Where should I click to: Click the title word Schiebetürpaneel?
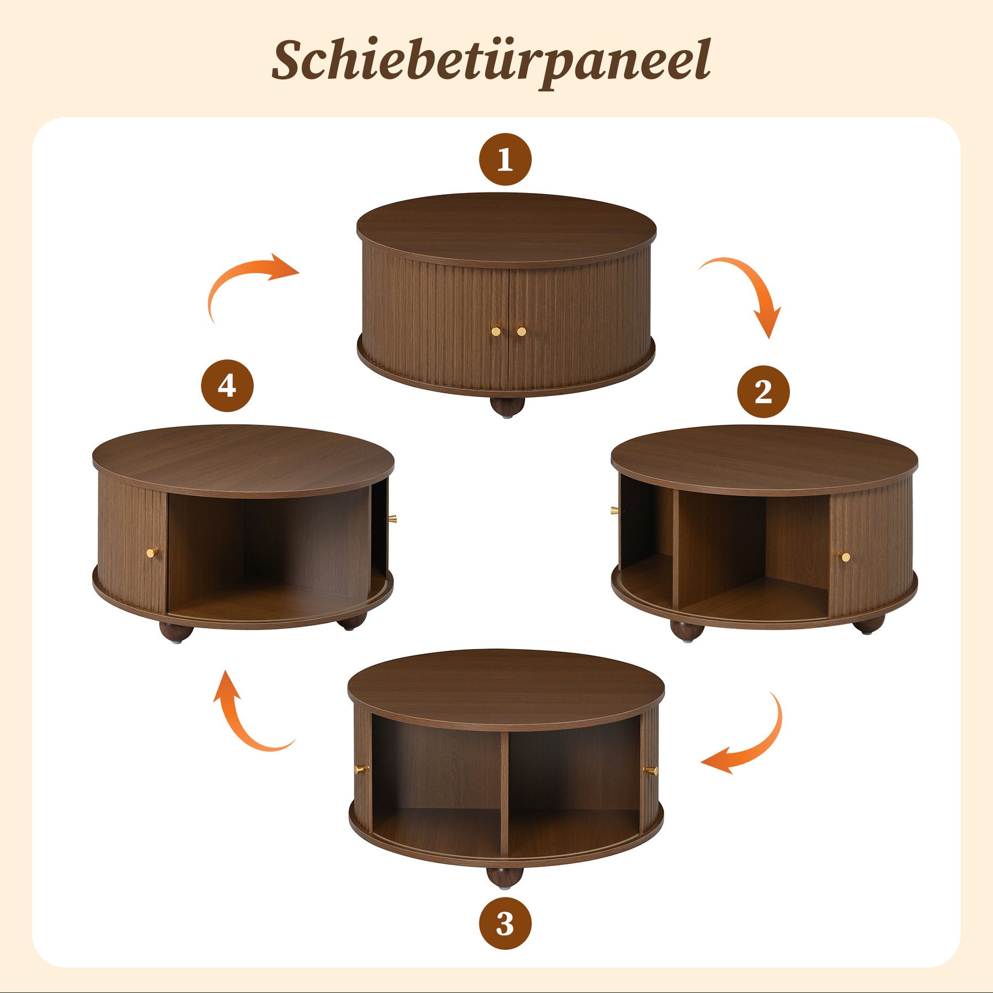[x=491, y=62]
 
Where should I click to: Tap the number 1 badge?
[x=505, y=159]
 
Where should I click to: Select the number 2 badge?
[x=764, y=391]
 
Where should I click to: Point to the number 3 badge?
[x=505, y=923]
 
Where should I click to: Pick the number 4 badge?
[x=227, y=386]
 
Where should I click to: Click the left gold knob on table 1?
[x=496, y=332]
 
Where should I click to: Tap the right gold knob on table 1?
[x=521, y=332]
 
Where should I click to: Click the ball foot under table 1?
[x=507, y=407]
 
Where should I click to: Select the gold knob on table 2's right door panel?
[x=845, y=557]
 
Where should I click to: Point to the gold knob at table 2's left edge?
[x=614, y=510]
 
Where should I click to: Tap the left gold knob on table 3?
[x=362, y=769]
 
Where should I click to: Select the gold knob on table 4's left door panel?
[x=153, y=552]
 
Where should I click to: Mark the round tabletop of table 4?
[x=243, y=461]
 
